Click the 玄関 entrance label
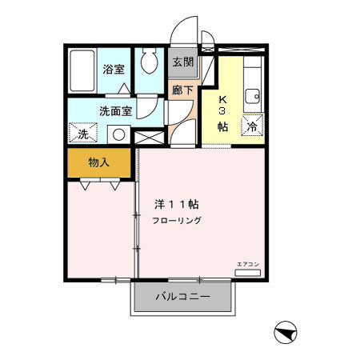tap(182, 62)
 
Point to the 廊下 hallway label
tap(182, 90)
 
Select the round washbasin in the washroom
tap(118, 134)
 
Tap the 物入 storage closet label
tap(99, 162)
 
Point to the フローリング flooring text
tap(178, 220)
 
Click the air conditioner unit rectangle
tap(247, 273)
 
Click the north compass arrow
tap(285, 330)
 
